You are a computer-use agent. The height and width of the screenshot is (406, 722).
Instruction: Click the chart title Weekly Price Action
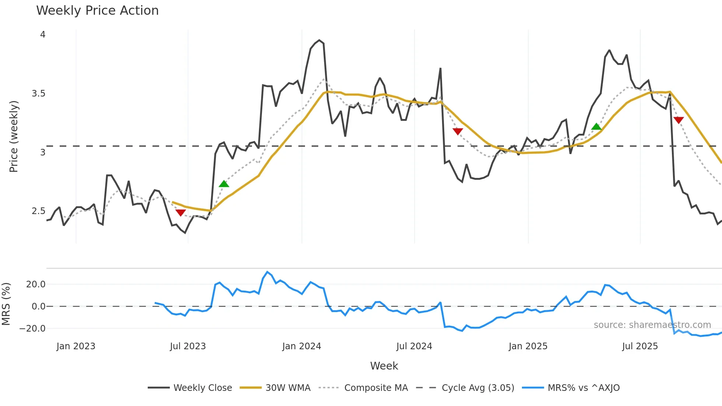pyautogui.click(x=97, y=11)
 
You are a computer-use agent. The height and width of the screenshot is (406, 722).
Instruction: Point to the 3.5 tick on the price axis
pyautogui.click(x=38, y=94)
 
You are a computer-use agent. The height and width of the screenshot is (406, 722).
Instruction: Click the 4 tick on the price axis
pyautogui.click(x=43, y=35)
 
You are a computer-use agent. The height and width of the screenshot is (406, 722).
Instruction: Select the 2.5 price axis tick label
pyautogui.click(x=38, y=211)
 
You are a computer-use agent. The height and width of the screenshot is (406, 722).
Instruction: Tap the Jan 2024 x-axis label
pyautogui.click(x=302, y=346)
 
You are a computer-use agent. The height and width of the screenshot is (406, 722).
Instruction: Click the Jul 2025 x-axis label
pyautogui.click(x=640, y=346)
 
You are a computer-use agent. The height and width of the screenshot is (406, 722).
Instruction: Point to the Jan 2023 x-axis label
pyautogui.click(x=76, y=346)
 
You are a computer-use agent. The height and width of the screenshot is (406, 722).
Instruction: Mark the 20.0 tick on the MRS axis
pyautogui.click(x=36, y=284)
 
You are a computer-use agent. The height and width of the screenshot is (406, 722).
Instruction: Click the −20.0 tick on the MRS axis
pyautogui.click(x=33, y=328)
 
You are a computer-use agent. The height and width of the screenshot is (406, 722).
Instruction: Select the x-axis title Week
pyautogui.click(x=384, y=366)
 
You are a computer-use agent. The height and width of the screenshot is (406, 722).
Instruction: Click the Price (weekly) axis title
pyautogui.click(x=14, y=136)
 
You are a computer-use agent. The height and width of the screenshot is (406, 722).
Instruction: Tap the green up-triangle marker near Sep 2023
pyautogui.click(x=224, y=184)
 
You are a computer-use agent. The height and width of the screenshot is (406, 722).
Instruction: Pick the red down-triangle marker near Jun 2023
pyautogui.click(x=180, y=213)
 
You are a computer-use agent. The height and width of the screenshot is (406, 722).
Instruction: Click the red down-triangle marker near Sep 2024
pyautogui.click(x=458, y=132)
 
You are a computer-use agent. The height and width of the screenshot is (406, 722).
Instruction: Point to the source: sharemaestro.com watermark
pyautogui.click(x=652, y=325)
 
